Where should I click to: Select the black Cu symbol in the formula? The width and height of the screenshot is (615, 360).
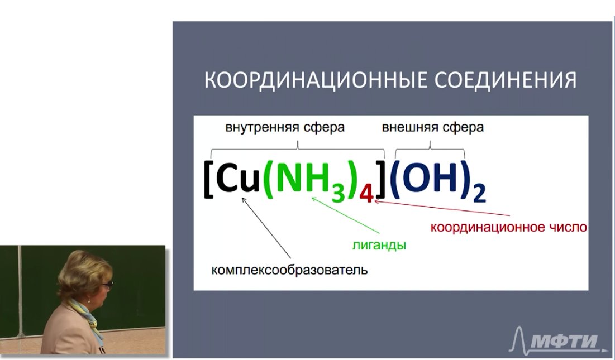point(238,179)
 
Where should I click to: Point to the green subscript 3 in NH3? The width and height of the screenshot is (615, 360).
point(338,194)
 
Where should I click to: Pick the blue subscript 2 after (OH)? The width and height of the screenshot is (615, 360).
point(479,194)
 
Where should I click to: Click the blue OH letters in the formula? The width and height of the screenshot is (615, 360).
point(430,178)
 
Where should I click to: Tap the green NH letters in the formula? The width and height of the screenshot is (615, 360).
point(302,179)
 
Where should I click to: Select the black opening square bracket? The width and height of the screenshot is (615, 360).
point(208,179)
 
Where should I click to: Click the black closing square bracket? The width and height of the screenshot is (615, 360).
point(380,179)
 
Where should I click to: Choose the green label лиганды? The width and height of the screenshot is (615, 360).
point(379,246)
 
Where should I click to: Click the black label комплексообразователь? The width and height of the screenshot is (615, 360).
point(289,270)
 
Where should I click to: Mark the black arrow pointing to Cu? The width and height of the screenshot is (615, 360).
point(266,228)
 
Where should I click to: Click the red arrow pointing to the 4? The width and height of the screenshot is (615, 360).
point(442,208)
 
